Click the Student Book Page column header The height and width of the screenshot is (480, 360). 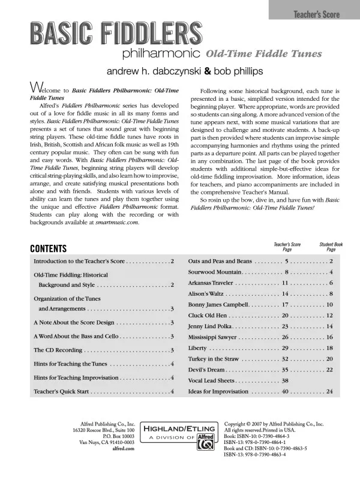click(331, 247)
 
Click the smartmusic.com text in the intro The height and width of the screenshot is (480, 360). click(117, 221)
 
